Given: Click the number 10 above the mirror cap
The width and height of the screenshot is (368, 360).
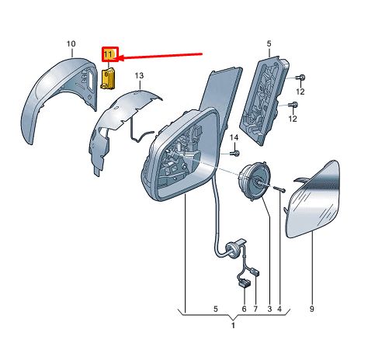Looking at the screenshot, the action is (71, 44).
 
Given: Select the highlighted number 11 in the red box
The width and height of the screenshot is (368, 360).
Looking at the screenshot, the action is (108, 54).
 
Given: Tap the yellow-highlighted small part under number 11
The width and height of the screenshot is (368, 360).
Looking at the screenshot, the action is (108, 78).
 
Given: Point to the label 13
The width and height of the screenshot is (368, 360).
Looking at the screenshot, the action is (139, 76).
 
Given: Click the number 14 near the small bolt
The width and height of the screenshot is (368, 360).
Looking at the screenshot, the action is (234, 137).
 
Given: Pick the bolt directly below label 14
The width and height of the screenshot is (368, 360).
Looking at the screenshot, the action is (235, 154).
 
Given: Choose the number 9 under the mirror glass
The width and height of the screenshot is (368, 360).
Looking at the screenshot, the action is (311, 309).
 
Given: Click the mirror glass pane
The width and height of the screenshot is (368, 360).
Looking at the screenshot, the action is (313, 200).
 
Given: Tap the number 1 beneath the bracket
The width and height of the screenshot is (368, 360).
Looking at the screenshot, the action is (233, 325).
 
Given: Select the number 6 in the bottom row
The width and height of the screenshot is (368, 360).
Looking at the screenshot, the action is (244, 309).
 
